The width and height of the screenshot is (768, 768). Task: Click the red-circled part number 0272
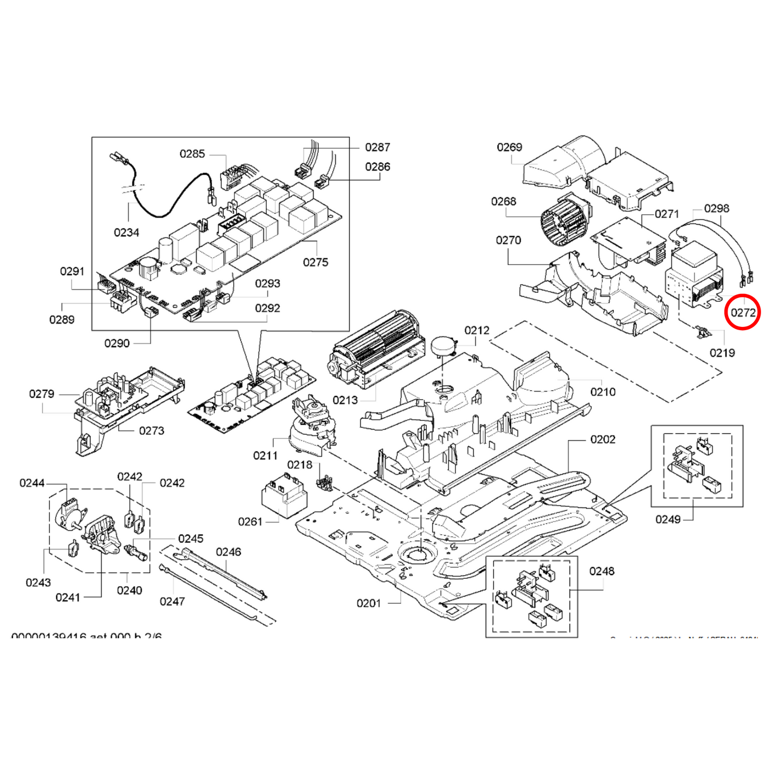[x=742, y=313]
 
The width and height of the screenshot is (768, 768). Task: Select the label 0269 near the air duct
[x=509, y=147]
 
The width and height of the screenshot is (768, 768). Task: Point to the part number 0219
[x=722, y=353]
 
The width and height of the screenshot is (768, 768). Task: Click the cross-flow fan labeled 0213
[x=377, y=348]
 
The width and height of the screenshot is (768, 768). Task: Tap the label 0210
[x=603, y=392]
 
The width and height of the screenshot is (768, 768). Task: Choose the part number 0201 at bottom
[x=368, y=603]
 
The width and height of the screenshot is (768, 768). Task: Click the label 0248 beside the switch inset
[x=602, y=571]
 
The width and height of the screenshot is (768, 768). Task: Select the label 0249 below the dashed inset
[x=668, y=519]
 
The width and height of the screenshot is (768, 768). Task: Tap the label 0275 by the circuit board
[x=315, y=263]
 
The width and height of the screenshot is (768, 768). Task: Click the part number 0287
[x=377, y=147]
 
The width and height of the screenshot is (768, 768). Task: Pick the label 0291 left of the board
[x=72, y=272]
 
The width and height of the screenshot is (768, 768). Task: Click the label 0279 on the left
[x=41, y=394]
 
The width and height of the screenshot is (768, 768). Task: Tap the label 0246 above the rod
[x=229, y=552]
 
